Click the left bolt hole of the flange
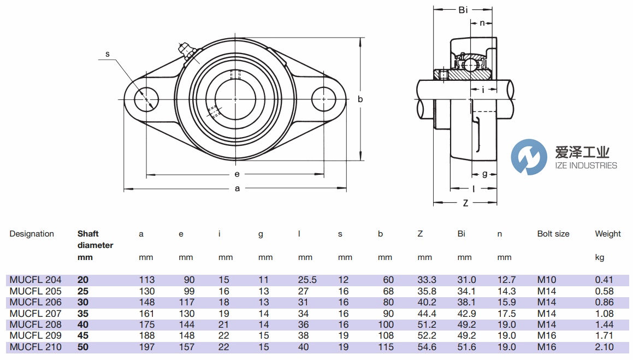[x=146, y=99]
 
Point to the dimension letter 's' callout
[x=108, y=54]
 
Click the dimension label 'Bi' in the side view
[x=463, y=10]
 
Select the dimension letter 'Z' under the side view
[x=465, y=203]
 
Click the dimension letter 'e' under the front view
[x=236, y=174]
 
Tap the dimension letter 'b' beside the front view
[x=360, y=99]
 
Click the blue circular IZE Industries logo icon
[x=529, y=157]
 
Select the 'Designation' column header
[x=32, y=234]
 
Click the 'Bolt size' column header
[x=553, y=234]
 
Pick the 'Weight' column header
[x=608, y=234]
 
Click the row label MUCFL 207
[x=36, y=314]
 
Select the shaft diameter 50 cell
[x=83, y=347]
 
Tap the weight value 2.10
[x=604, y=347]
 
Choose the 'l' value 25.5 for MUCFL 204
[x=307, y=280]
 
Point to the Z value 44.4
[x=427, y=314]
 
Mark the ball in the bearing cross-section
[x=471, y=64]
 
